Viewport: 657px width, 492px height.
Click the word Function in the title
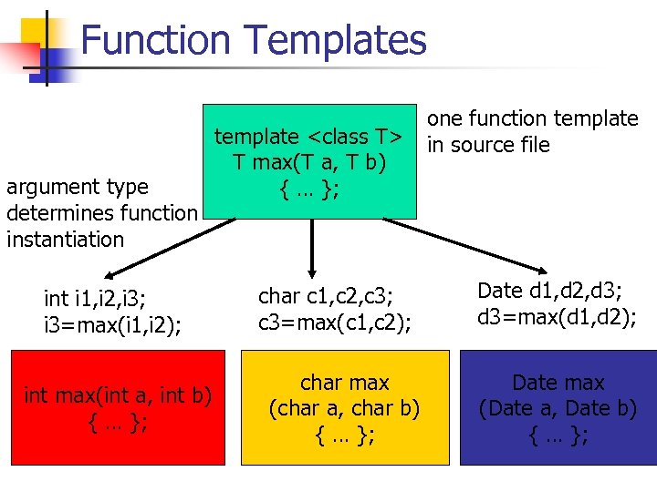click(x=156, y=41)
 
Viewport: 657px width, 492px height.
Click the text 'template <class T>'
click(x=308, y=137)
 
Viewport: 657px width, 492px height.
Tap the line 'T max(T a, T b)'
click(x=309, y=162)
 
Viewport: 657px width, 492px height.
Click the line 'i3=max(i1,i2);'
click(x=113, y=324)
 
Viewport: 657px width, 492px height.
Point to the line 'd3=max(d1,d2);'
click(x=557, y=318)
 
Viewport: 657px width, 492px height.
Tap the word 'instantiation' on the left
click(x=65, y=240)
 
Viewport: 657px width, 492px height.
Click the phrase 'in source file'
click(x=488, y=145)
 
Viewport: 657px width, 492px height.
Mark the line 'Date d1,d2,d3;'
click(x=550, y=291)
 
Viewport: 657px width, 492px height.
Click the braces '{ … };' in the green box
click(x=310, y=189)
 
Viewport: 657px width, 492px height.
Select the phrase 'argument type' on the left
click(x=77, y=187)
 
